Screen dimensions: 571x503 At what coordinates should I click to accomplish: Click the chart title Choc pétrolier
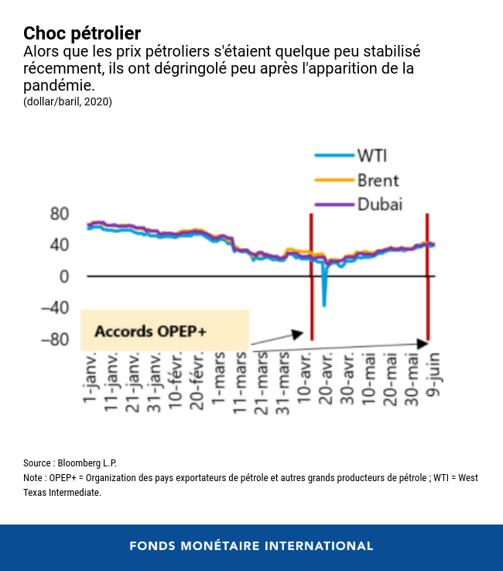pyautogui.click(x=82, y=33)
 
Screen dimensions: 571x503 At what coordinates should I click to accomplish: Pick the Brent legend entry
pyautogui.click(x=378, y=181)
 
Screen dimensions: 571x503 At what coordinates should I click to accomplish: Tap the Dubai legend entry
pyautogui.click(x=379, y=205)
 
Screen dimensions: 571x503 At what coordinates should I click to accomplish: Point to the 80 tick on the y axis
pyautogui.click(x=60, y=214)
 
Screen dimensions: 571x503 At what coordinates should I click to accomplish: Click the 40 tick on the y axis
pyautogui.click(x=60, y=245)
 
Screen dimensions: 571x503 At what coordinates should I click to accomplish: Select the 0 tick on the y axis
pyautogui.click(x=63, y=277)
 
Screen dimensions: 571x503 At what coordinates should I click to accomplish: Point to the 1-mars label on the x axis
pyautogui.click(x=220, y=379)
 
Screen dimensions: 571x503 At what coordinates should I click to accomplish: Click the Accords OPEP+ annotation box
pyautogui.click(x=164, y=331)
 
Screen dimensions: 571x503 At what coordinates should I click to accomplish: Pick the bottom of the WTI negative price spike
pyautogui.click(x=324, y=305)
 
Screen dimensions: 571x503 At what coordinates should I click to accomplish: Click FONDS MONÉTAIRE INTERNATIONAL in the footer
pyautogui.click(x=251, y=546)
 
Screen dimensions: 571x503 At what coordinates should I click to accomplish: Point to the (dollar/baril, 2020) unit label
pyautogui.click(x=68, y=101)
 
